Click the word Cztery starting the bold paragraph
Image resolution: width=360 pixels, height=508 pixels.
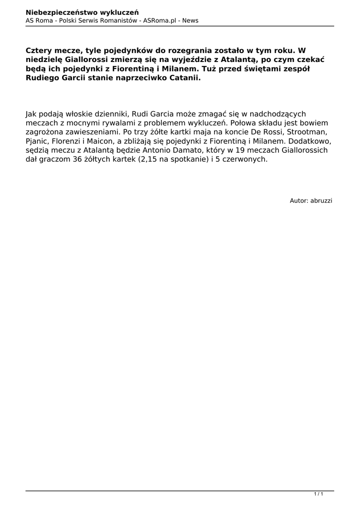(x=39, y=51)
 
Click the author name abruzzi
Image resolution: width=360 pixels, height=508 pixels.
(x=321, y=200)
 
